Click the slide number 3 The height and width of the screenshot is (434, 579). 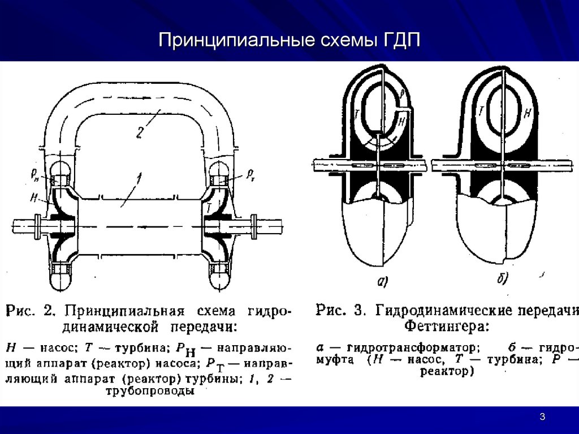click(542, 418)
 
